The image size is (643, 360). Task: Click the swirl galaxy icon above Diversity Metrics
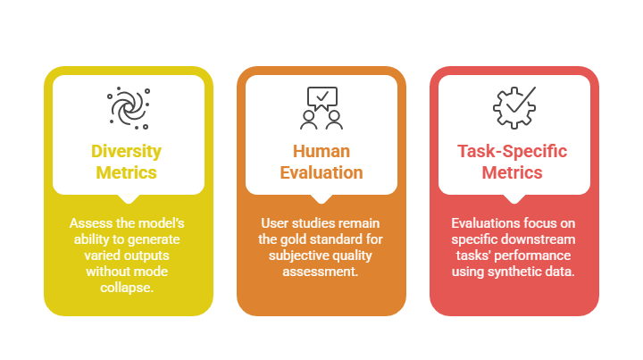tap(129, 108)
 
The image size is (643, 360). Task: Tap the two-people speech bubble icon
tap(321, 108)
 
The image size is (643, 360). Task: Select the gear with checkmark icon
tap(514, 108)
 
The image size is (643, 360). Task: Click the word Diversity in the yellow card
tap(126, 151)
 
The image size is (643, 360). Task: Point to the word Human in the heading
tap(321, 151)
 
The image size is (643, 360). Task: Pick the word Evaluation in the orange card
tap(321, 172)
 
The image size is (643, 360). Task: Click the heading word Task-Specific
tap(513, 151)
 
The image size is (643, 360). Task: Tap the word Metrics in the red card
tap(513, 172)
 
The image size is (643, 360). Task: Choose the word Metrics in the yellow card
tap(126, 172)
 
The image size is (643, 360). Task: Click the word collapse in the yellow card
tap(127, 288)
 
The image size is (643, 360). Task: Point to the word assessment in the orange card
tap(321, 272)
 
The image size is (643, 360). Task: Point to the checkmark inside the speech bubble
tap(322, 96)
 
